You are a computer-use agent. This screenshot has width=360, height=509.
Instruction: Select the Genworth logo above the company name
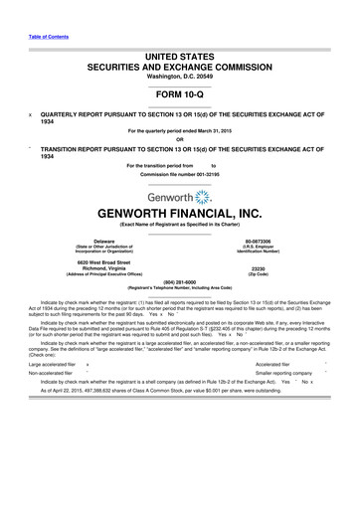point(179,172)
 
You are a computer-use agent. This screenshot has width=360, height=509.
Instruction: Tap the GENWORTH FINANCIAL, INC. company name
point(180,193)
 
